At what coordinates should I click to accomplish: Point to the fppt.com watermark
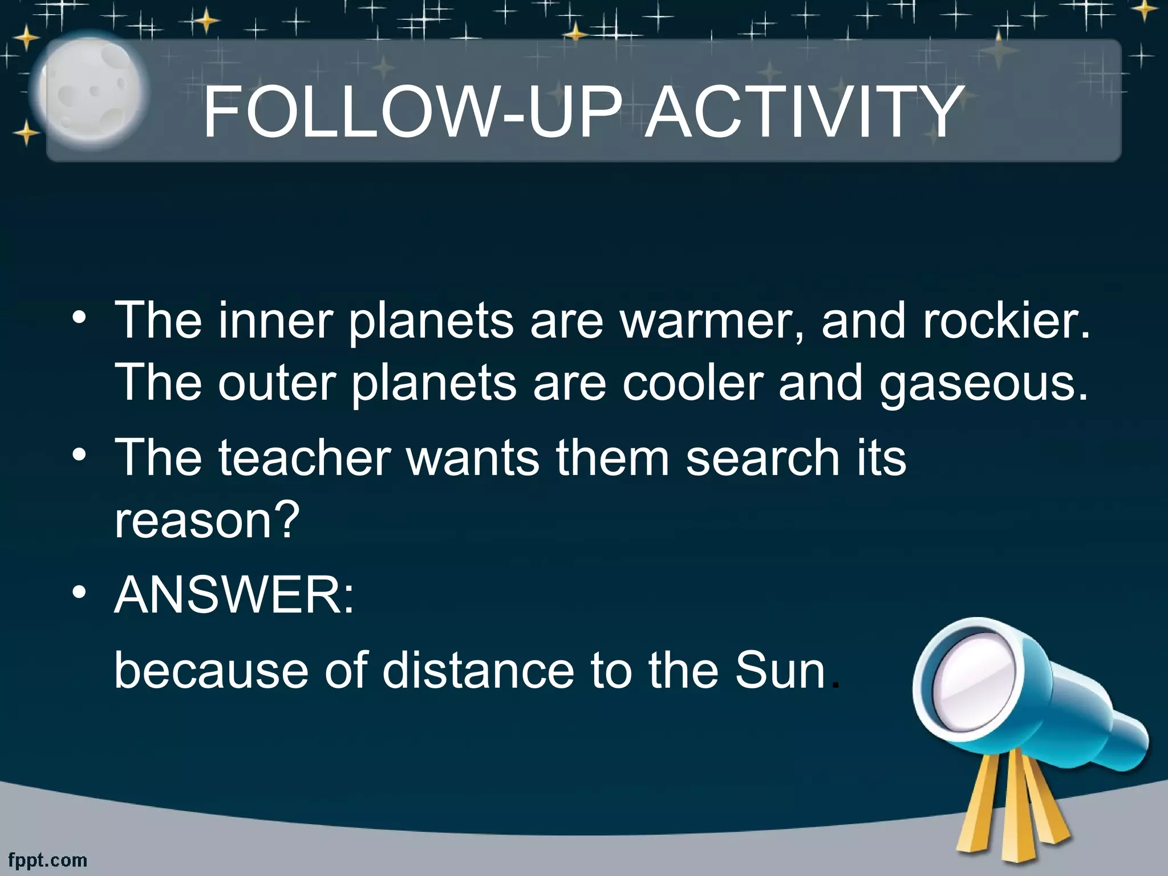pyautogui.click(x=48, y=859)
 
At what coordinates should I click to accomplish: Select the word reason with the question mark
pyautogui.click(x=206, y=520)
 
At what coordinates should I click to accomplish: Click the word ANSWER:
pyautogui.click(x=234, y=595)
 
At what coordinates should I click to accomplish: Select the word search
pyautogui.click(x=763, y=457)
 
